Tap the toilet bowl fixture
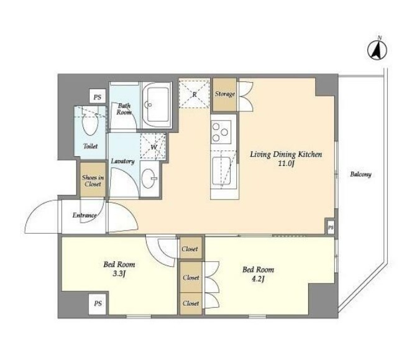(90, 122)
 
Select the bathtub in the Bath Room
(157, 105)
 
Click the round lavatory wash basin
(149, 179)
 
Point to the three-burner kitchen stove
(221, 132)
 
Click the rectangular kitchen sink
(221, 170)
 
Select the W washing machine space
(154, 147)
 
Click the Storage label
(225, 94)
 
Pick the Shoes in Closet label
(93, 181)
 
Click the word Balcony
(360, 175)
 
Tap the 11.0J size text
(286, 164)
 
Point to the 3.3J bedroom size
(119, 274)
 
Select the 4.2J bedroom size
(257, 279)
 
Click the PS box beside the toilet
(98, 97)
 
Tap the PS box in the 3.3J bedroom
(98, 303)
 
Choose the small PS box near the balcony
(331, 228)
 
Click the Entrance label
(85, 215)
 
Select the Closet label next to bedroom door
(190, 249)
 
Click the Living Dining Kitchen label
(286, 154)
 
